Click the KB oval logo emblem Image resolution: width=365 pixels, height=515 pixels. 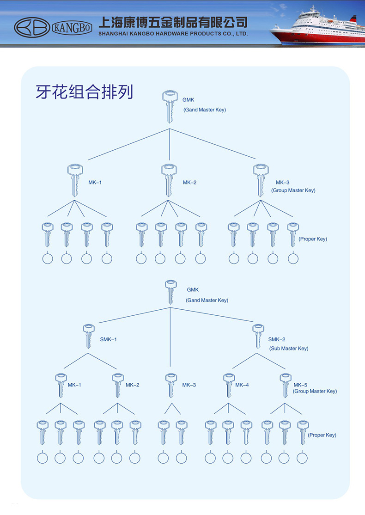pos(32,28)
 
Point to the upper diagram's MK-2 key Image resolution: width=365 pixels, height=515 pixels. pos(170,179)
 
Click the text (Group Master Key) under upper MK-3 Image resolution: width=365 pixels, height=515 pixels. pos(293,190)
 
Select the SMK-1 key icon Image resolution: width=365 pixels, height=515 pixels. pos(89,336)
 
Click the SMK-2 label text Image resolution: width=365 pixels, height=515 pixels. pos(277,339)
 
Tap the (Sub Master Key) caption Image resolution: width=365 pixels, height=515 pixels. pos(289,349)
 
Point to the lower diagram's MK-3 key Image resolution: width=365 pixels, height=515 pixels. pos(171,385)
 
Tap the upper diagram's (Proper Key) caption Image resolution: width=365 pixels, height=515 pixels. pos(313,239)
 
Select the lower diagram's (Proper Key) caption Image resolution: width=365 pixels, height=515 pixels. pos(322,435)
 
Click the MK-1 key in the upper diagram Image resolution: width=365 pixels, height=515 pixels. pos(74,179)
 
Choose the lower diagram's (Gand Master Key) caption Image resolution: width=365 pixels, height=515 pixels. pos(207,300)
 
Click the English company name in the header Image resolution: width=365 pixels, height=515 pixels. pos(173,34)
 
